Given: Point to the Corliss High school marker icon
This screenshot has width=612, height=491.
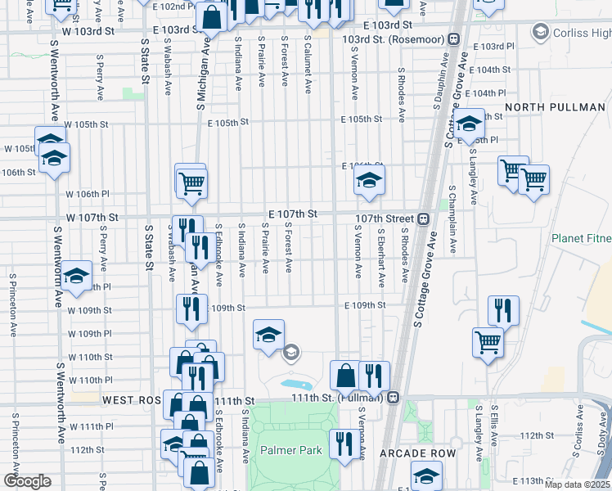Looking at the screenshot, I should pyautogui.click(x=539, y=33).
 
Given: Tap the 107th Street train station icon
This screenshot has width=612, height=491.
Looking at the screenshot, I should pyautogui.click(x=424, y=218).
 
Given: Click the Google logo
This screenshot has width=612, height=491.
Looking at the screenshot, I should pyautogui.click(x=27, y=481).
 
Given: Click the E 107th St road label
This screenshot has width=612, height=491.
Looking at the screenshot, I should pyautogui.click(x=293, y=214).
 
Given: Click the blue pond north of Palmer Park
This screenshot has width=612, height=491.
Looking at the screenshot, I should pyautogui.click(x=295, y=383).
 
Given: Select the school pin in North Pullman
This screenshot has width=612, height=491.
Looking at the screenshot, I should pyautogui.click(x=469, y=124).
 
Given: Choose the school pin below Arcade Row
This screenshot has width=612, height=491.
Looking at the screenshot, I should pyautogui.click(x=426, y=475).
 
